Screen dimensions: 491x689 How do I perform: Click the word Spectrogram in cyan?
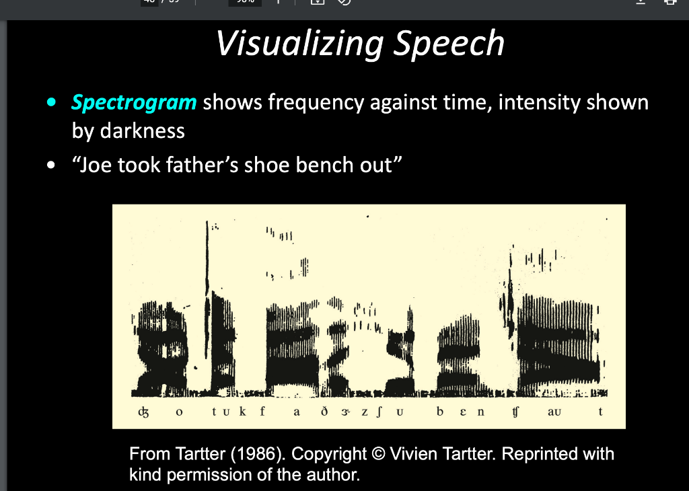click(x=134, y=103)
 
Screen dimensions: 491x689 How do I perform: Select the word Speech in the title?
click(x=448, y=44)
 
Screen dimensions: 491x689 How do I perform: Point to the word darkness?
click(x=143, y=130)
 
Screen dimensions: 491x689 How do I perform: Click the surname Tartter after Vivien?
click(x=463, y=454)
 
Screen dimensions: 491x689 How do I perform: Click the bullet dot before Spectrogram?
click(x=50, y=104)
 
